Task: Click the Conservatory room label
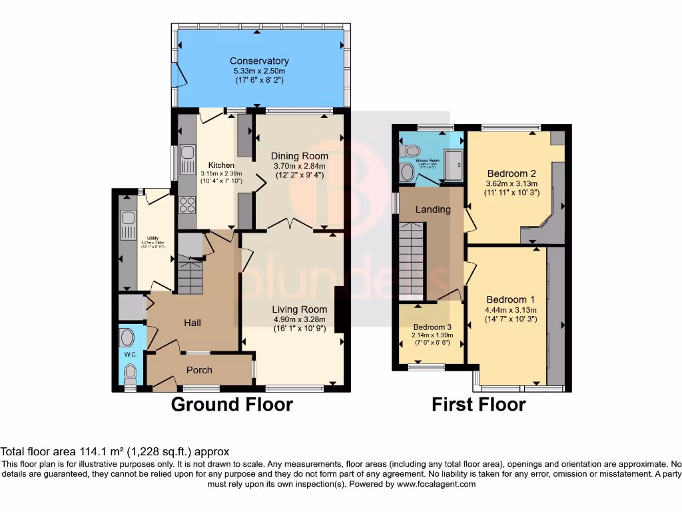[x=259, y=61]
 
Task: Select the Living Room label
[x=299, y=309]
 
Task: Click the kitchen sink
[x=187, y=157]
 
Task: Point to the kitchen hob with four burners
[x=187, y=205]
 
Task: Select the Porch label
[x=199, y=370]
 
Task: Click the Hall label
[x=192, y=323]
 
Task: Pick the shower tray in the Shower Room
[x=454, y=165]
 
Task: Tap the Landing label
[x=433, y=209]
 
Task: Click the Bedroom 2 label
[x=511, y=173]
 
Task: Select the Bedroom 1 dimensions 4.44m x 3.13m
[x=511, y=309]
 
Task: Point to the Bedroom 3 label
[x=432, y=327]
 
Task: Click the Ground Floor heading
[x=232, y=404]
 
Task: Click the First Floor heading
[x=478, y=404]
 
